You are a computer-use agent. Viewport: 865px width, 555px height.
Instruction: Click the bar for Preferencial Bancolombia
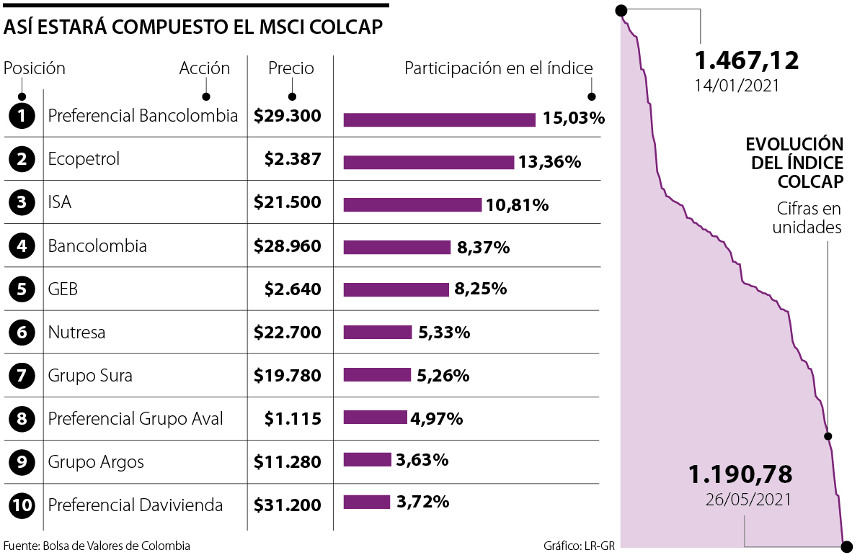pos(439,119)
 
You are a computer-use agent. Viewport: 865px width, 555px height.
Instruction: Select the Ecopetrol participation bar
pos(428,163)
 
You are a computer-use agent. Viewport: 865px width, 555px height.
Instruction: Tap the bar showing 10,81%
pos(412,205)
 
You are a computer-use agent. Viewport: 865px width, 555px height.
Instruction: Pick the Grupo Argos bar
pos(367,459)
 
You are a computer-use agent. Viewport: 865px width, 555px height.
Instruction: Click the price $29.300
pos(288,116)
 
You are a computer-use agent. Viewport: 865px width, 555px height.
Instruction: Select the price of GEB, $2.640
pos(293,289)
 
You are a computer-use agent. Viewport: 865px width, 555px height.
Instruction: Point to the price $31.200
pos(288,505)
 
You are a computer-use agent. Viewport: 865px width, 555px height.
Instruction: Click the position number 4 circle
pos(23,246)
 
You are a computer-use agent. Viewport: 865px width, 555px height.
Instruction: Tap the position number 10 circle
pos(23,505)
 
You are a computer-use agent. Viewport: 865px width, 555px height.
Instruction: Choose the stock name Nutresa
pos(76,333)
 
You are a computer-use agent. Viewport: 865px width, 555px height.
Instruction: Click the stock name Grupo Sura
pos(90,376)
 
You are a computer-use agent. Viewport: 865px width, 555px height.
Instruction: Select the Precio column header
pos(291,68)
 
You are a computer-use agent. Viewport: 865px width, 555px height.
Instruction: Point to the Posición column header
pos(35,68)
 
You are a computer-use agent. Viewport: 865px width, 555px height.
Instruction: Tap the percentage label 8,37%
pos(483,248)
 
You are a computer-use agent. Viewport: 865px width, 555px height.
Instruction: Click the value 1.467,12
pos(746,60)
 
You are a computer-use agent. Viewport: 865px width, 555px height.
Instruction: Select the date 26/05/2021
pos(749,499)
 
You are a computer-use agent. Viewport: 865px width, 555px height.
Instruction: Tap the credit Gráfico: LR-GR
pos(579,546)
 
